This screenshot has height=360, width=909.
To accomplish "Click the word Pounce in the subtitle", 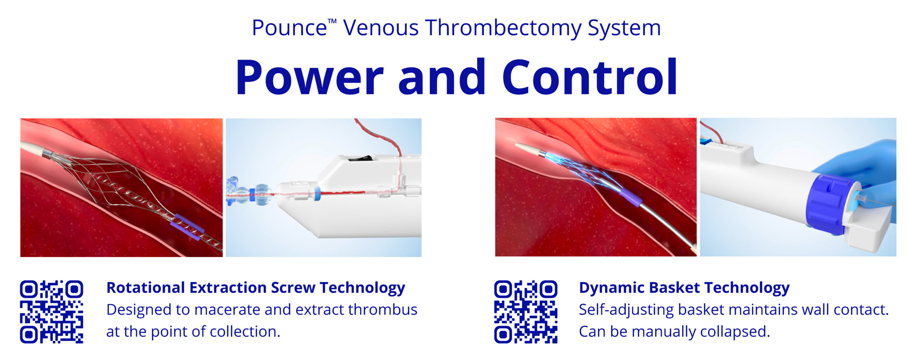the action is [289, 28].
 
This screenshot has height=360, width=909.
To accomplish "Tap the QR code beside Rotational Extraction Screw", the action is [51, 312].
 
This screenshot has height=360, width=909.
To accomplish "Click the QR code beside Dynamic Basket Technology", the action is [526, 312].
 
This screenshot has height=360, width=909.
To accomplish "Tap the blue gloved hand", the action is [866, 170].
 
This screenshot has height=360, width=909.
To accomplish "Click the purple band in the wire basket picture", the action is [187, 227].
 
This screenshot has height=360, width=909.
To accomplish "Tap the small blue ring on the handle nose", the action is [317, 193].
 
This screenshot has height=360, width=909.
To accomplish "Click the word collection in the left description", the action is [245, 332].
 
